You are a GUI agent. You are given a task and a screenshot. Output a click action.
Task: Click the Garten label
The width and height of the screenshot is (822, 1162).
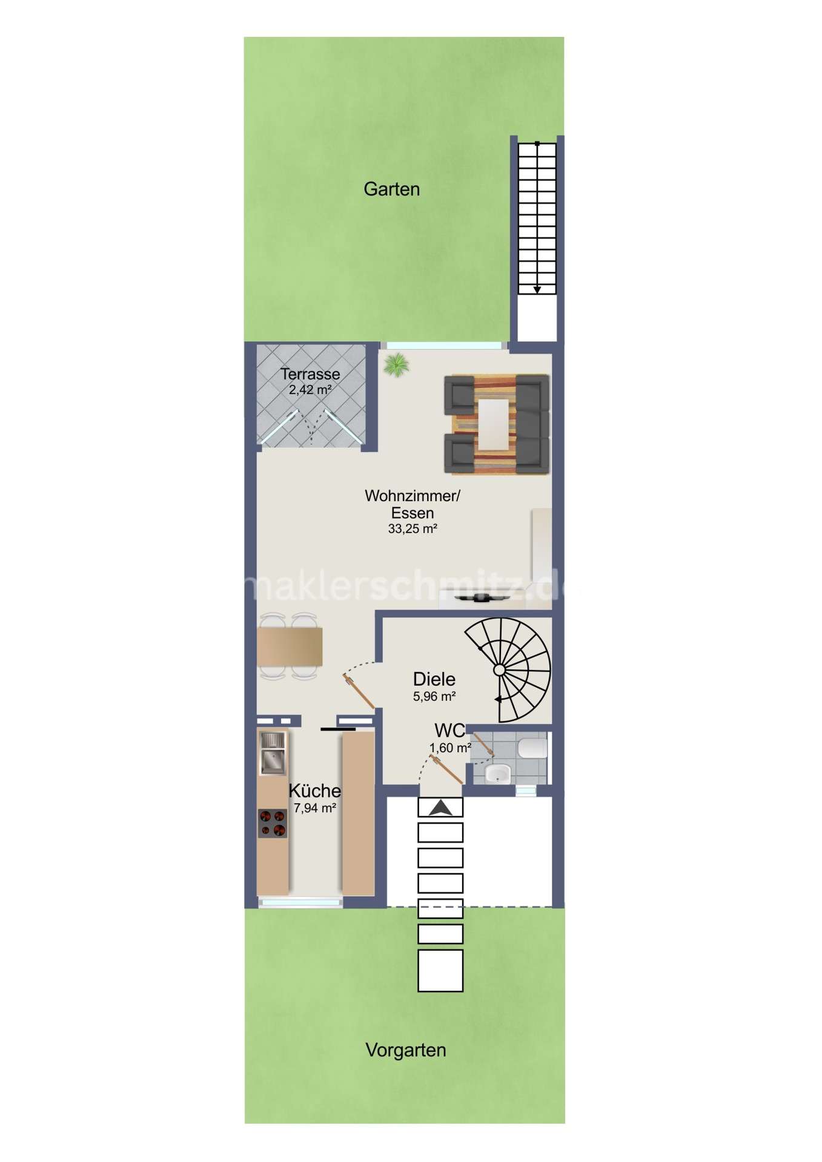[x=391, y=189]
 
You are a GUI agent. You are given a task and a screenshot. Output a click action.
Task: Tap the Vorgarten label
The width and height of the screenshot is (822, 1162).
[x=406, y=1049]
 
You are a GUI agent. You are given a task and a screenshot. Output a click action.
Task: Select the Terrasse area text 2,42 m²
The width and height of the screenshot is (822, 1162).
[x=310, y=390]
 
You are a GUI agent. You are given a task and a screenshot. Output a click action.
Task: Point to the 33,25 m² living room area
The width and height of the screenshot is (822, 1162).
[x=413, y=528]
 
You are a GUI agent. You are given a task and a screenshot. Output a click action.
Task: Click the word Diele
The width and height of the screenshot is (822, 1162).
[x=434, y=679]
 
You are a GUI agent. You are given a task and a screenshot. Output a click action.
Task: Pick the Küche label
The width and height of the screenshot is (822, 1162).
[x=314, y=790]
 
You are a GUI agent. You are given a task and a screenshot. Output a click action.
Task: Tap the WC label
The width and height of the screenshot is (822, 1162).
[x=449, y=730]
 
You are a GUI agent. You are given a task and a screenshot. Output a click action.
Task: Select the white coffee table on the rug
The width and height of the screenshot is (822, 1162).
[x=494, y=424]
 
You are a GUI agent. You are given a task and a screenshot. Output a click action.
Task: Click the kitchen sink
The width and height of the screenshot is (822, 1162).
[x=272, y=753]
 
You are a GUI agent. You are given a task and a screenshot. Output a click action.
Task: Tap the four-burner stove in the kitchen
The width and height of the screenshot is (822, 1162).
[x=272, y=823]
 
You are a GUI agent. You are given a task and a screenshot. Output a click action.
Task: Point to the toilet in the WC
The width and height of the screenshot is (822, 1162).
[x=533, y=747]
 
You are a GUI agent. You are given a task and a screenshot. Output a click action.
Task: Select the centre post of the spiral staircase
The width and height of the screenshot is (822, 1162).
[x=499, y=669]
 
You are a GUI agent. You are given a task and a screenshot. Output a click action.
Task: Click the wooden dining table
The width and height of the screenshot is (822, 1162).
[x=290, y=646]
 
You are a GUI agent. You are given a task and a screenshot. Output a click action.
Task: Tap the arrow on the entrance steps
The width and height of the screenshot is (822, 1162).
[x=440, y=807]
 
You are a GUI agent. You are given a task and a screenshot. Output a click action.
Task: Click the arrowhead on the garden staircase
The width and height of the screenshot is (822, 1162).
[x=537, y=290]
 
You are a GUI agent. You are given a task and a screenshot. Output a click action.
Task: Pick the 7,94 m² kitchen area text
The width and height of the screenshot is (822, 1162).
[x=314, y=807]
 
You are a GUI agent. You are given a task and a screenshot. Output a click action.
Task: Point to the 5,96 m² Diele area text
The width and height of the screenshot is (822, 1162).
[x=434, y=697]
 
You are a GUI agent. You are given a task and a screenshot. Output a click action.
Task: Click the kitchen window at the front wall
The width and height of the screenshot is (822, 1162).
[x=301, y=902]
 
